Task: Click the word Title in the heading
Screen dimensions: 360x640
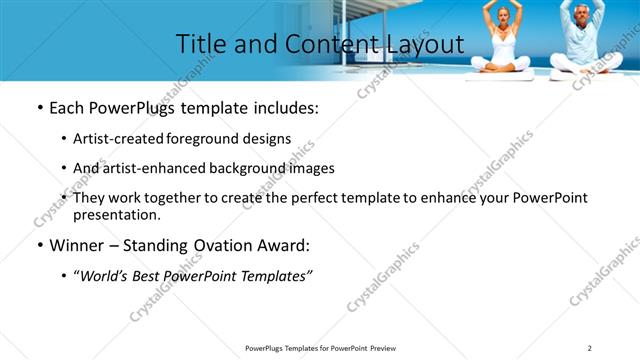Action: (199, 44)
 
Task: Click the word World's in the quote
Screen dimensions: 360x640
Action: (104, 276)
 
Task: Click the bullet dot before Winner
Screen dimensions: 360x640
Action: (39, 246)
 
